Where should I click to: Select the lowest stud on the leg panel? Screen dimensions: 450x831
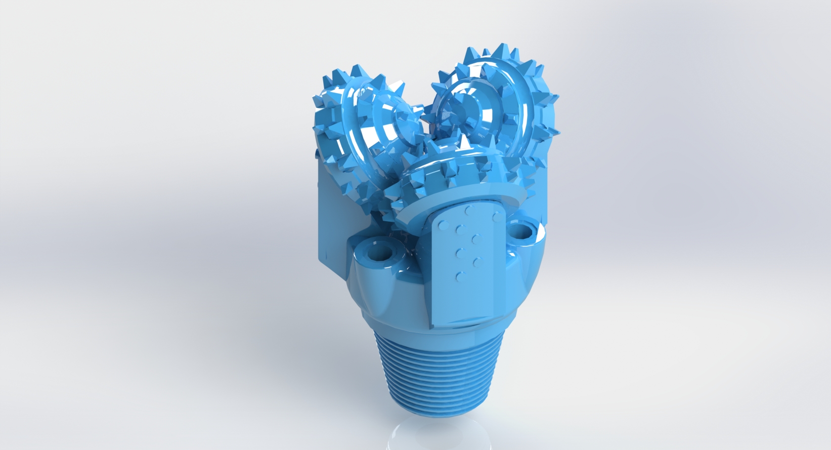coord(460,276)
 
